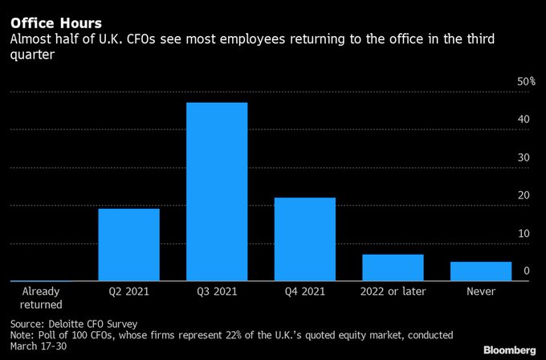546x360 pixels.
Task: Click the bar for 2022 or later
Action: tap(393, 267)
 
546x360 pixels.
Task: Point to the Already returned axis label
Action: tap(41, 297)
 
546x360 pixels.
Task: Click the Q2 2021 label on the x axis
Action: tap(128, 291)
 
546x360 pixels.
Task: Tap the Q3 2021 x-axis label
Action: tap(217, 291)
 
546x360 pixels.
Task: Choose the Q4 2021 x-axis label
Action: tap(304, 291)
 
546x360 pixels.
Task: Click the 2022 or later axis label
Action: tap(393, 291)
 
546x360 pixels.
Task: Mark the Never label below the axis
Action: tap(480, 291)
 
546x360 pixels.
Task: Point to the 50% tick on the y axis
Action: tap(526, 81)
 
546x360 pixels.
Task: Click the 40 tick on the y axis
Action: tap(523, 119)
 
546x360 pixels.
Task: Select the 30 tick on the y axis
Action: tap(523, 157)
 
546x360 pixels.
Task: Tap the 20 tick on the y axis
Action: tap(523, 195)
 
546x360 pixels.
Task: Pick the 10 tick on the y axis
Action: tap(523, 233)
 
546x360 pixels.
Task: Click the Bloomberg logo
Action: tap(509, 350)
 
